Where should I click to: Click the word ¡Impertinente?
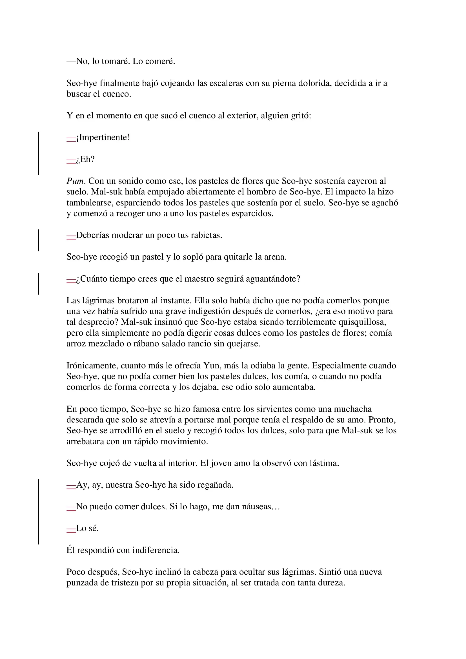point(103,138)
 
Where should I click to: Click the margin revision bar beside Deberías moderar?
point(39,240)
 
